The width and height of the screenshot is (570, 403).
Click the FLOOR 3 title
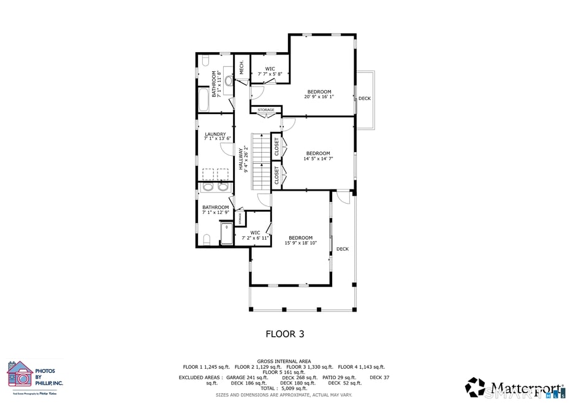[284, 334]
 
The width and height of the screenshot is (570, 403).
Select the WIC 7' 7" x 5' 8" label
[270, 72]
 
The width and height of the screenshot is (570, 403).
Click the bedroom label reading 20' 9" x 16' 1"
[319, 94]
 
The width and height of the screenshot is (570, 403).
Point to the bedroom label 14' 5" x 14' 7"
[318, 156]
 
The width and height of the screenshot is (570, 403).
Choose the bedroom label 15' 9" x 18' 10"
[300, 240]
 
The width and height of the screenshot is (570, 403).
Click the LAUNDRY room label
[215, 137]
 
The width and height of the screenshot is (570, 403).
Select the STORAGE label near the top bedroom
[266, 110]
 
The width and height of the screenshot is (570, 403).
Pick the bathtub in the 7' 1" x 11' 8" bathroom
[203, 99]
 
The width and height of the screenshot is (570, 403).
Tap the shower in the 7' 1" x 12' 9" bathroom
[227, 234]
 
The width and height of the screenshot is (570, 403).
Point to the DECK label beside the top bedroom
[365, 99]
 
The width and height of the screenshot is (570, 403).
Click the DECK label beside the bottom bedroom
[342, 249]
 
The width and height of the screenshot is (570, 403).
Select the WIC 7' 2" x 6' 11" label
[255, 236]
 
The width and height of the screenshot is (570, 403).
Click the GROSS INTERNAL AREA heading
[284, 361]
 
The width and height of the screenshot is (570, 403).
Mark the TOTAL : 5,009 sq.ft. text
[284, 388]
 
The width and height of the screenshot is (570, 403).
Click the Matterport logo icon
[475, 387]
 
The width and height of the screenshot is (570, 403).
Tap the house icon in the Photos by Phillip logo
[20, 374]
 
